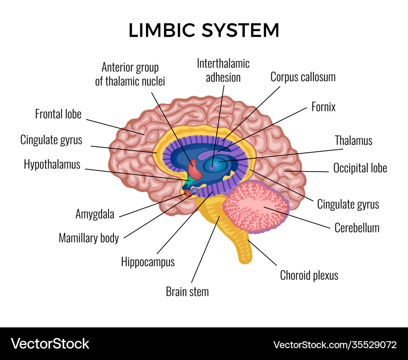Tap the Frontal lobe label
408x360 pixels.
pos(58,114)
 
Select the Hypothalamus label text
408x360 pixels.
pos(52,164)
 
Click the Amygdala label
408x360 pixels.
pos(95,214)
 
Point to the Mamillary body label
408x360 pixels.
pos(89,238)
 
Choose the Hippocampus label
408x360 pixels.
pos(148,261)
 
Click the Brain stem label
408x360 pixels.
pos(187,292)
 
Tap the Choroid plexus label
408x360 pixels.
pos(309,275)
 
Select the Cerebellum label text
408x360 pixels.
pos(357,227)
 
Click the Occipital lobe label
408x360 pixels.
pos(360,168)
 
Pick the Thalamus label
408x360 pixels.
pos(353,141)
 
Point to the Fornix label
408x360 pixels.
pos(323,107)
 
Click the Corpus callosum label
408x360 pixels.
pos(303,77)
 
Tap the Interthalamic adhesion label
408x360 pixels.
pos(223,70)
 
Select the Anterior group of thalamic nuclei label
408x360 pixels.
pos(130,74)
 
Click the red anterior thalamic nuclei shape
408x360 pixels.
pos(196,170)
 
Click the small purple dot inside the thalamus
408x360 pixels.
pos(212,167)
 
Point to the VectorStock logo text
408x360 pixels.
pos(50,343)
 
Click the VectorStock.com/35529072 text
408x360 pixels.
pos(335,345)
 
